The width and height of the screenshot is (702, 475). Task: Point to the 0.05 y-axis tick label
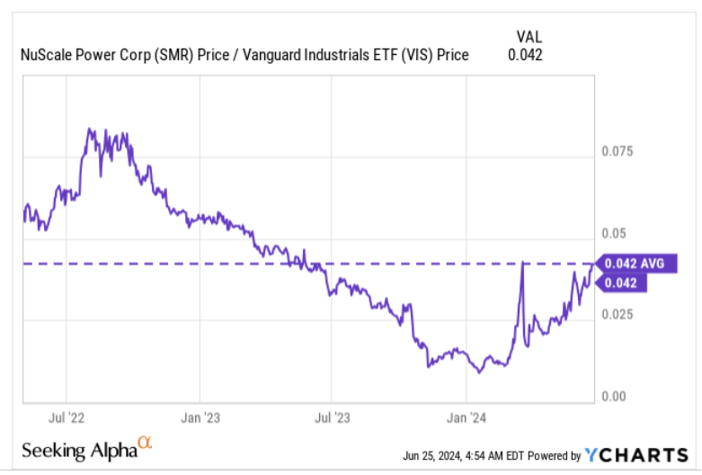click(x=613, y=234)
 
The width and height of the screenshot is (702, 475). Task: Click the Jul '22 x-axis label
click(x=67, y=418)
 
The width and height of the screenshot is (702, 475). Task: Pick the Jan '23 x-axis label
click(x=199, y=418)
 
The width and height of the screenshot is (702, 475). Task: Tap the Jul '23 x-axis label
click(x=333, y=418)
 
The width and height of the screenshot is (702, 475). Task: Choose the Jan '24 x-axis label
click(x=466, y=418)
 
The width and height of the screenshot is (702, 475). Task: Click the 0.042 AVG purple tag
click(x=633, y=264)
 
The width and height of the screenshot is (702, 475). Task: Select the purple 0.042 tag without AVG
click(x=622, y=282)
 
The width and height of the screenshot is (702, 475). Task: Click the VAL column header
click(x=528, y=36)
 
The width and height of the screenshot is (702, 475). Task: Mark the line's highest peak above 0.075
click(x=88, y=130)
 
